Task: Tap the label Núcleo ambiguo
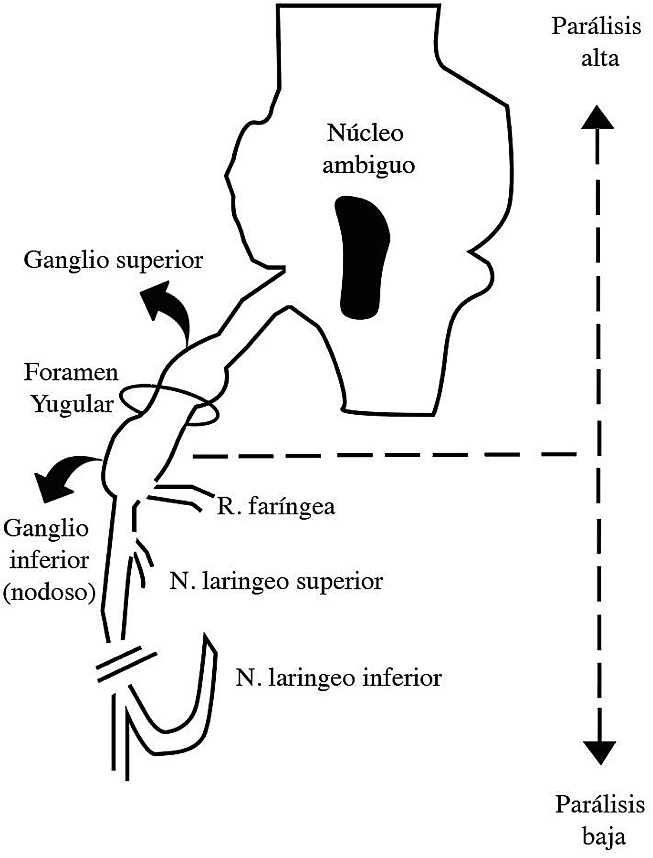click(x=367, y=149)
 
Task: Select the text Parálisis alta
click(x=597, y=42)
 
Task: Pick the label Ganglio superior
click(x=113, y=260)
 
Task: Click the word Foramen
click(x=71, y=372)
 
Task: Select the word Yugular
click(x=73, y=404)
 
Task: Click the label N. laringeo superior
click(x=276, y=582)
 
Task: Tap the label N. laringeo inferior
click(x=338, y=678)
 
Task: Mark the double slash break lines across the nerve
click(x=125, y=663)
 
